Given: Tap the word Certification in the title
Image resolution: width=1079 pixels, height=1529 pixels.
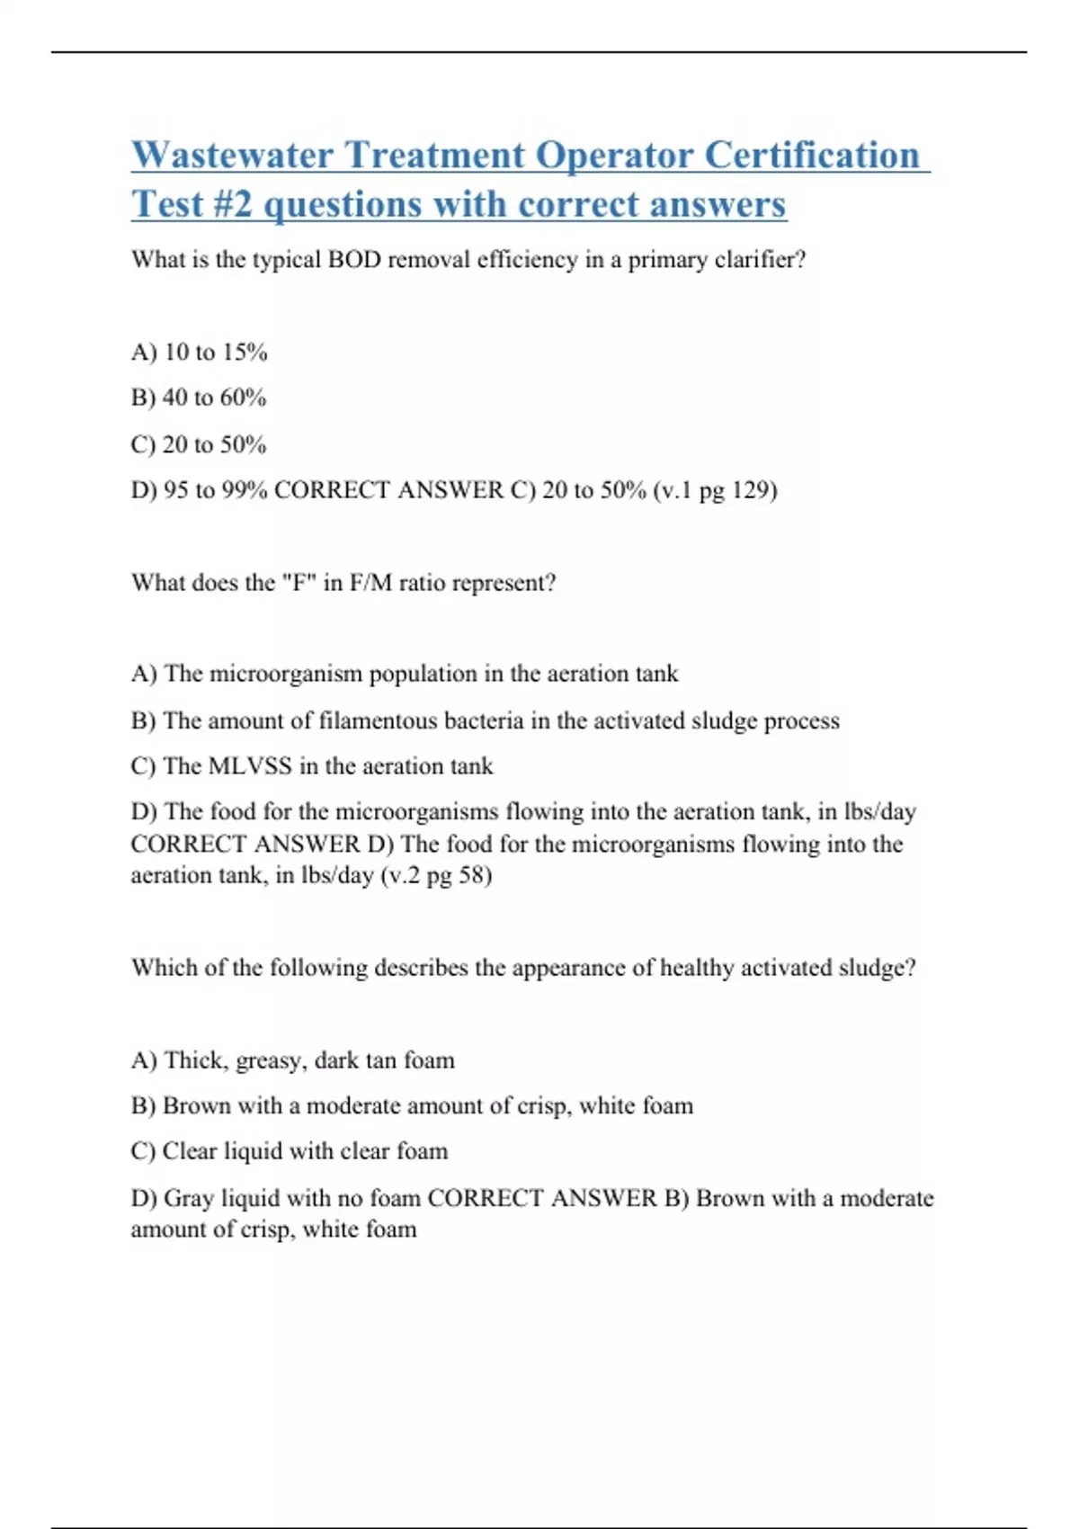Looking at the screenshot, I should tap(811, 156).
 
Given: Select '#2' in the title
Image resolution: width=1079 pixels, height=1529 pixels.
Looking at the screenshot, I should tap(233, 205).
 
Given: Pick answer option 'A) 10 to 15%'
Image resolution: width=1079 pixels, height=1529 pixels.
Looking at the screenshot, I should tap(199, 353).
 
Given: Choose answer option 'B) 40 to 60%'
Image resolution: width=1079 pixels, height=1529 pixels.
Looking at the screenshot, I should tap(199, 398).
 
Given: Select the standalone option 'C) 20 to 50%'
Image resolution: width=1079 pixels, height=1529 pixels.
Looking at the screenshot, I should tap(199, 444).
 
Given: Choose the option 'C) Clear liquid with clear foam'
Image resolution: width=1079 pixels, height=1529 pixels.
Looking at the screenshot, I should tap(289, 1151).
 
